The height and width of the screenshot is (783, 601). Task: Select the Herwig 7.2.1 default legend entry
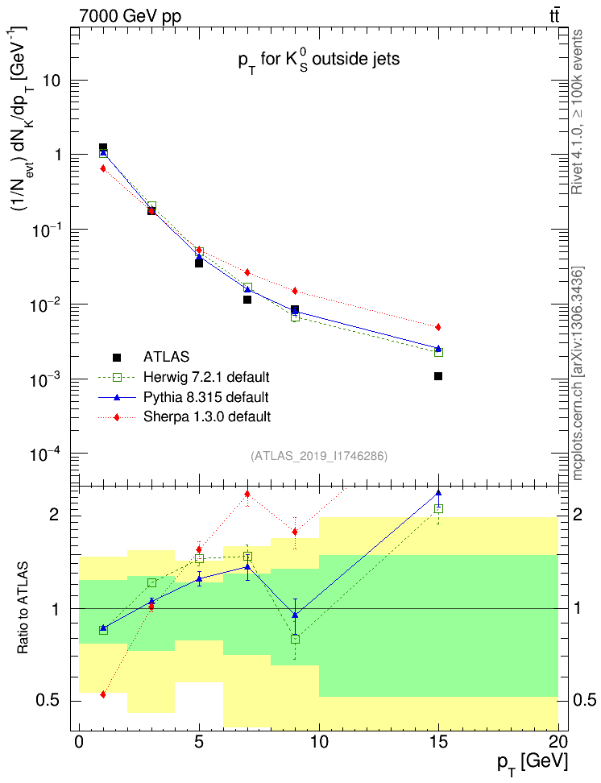point(206,377)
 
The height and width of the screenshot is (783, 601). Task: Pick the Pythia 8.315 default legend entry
point(206,397)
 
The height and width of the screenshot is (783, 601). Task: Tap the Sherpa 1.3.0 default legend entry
point(207,416)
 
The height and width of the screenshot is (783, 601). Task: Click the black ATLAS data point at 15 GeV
point(438,376)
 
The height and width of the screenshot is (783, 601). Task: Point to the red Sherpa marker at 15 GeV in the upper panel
point(438,327)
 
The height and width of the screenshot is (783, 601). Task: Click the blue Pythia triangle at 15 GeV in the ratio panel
point(438,493)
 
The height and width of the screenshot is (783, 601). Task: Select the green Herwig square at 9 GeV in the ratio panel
point(296,639)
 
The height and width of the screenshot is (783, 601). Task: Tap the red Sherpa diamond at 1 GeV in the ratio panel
point(103,694)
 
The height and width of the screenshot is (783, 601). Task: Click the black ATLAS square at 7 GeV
point(247,300)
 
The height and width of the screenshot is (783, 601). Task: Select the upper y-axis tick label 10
point(54,81)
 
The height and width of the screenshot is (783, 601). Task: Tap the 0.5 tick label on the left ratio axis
point(52,701)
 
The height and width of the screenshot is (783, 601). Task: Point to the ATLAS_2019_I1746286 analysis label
point(319,456)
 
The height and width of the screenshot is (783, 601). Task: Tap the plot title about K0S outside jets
point(319,60)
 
